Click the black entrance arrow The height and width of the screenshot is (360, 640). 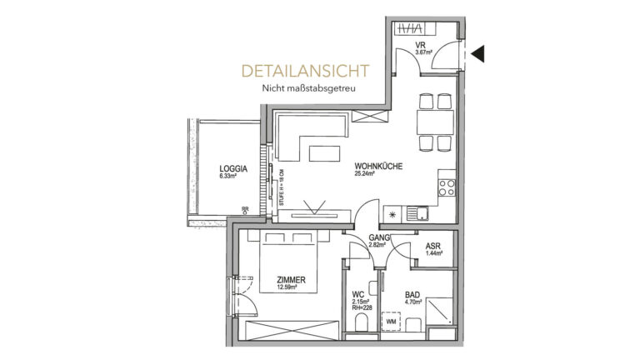[x=478, y=54]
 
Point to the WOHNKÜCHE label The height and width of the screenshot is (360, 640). [x=377, y=166]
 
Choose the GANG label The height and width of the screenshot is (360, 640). [x=378, y=238]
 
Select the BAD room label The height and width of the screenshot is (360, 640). [x=412, y=295]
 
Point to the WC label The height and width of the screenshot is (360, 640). [x=358, y=295]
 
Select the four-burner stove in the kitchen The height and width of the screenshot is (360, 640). [x=447, y=185]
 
